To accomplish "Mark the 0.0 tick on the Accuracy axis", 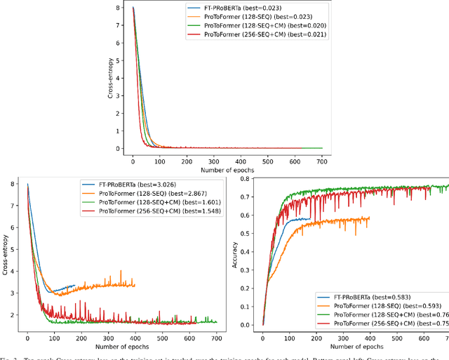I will [246, 324].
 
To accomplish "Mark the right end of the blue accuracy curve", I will [309, 219].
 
